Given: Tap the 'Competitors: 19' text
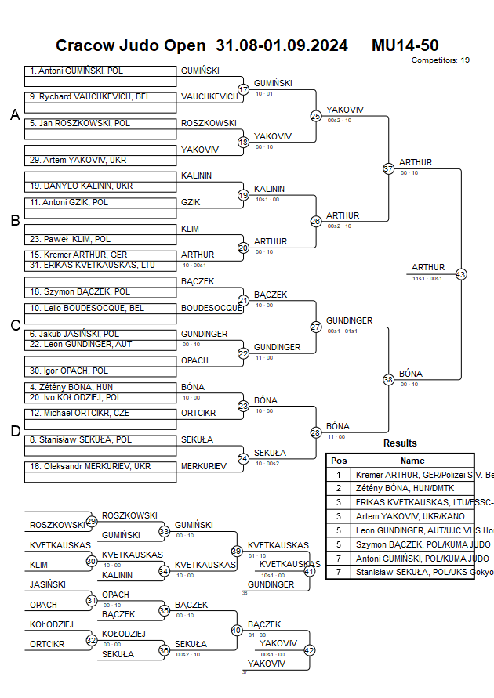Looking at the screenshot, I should [441, 60].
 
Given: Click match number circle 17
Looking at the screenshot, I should [243, 89].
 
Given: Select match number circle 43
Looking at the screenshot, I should [460, 274].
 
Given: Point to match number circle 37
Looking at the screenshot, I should [387, 168].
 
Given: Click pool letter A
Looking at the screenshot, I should [14, 115].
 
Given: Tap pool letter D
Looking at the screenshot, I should [14, 431].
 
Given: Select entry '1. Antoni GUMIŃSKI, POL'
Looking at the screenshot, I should [77, 71].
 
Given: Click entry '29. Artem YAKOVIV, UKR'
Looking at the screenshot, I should [78, 160].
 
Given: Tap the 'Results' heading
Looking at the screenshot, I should [400, 443].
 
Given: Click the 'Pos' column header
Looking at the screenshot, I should [339, 461].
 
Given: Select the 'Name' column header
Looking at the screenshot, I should [412, 461].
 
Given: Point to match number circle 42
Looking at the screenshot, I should [309, 649].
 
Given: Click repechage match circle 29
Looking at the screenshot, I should [91, 521].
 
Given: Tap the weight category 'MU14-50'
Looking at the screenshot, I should [405, 45].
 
